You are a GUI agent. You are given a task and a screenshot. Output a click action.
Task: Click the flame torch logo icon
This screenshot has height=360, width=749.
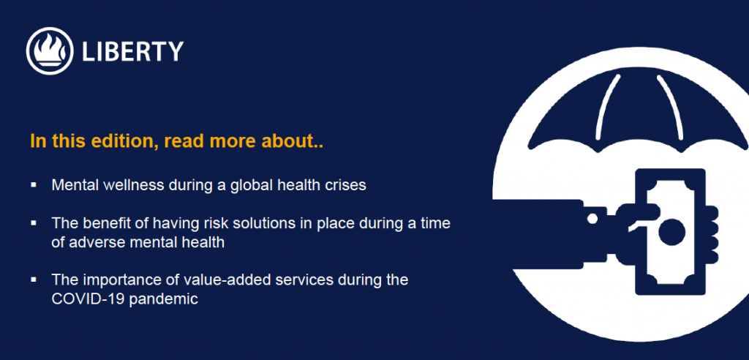pyautogui.click(x=50, y=50)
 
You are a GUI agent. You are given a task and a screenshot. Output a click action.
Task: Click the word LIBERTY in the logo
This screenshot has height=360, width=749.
pyautogui.click(x=133, y=51)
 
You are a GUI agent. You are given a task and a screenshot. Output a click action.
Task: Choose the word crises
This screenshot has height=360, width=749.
pyautogui.click(x=345, y=184)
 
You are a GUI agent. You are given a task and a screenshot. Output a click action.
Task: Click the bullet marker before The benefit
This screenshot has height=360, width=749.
pyautogui.click(x=34, y=222)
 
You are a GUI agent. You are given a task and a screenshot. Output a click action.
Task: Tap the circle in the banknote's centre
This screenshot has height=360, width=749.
pyautogui.click(x=672, y=232)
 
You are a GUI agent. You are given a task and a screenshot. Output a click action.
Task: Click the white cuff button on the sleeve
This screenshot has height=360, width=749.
pyautogui.click(x=592, y=219)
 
